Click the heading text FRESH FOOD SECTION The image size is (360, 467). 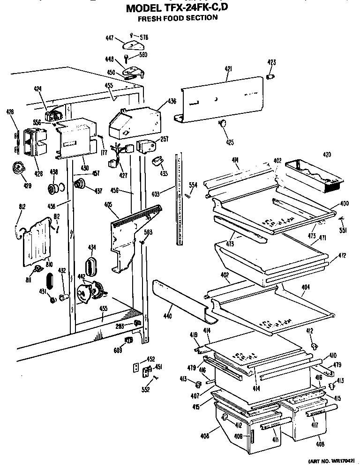[177, 18]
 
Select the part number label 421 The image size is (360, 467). [228, 69]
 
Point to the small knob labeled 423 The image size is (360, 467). [270, 76]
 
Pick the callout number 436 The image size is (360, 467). [172, 101]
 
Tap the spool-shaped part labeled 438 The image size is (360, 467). [55, 189]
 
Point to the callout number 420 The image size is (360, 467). [327, 155]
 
